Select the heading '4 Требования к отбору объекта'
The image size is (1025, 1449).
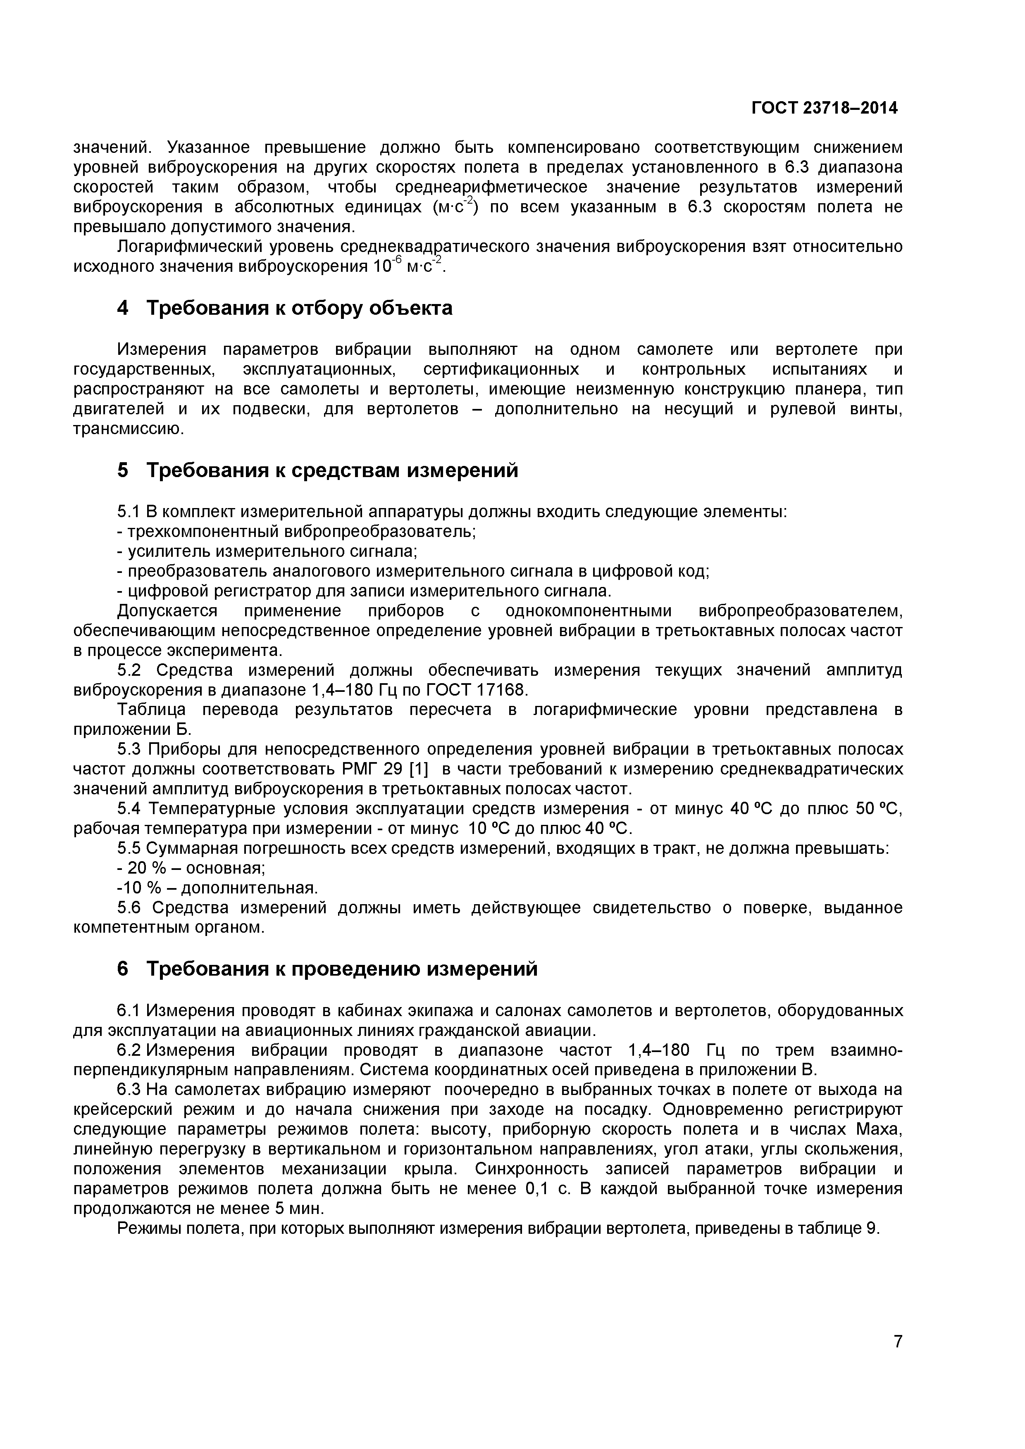[x=285, y=308]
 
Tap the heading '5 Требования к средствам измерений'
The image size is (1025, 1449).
[x=317, y=470]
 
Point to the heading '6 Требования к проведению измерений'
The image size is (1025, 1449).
[x=327, y=968]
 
